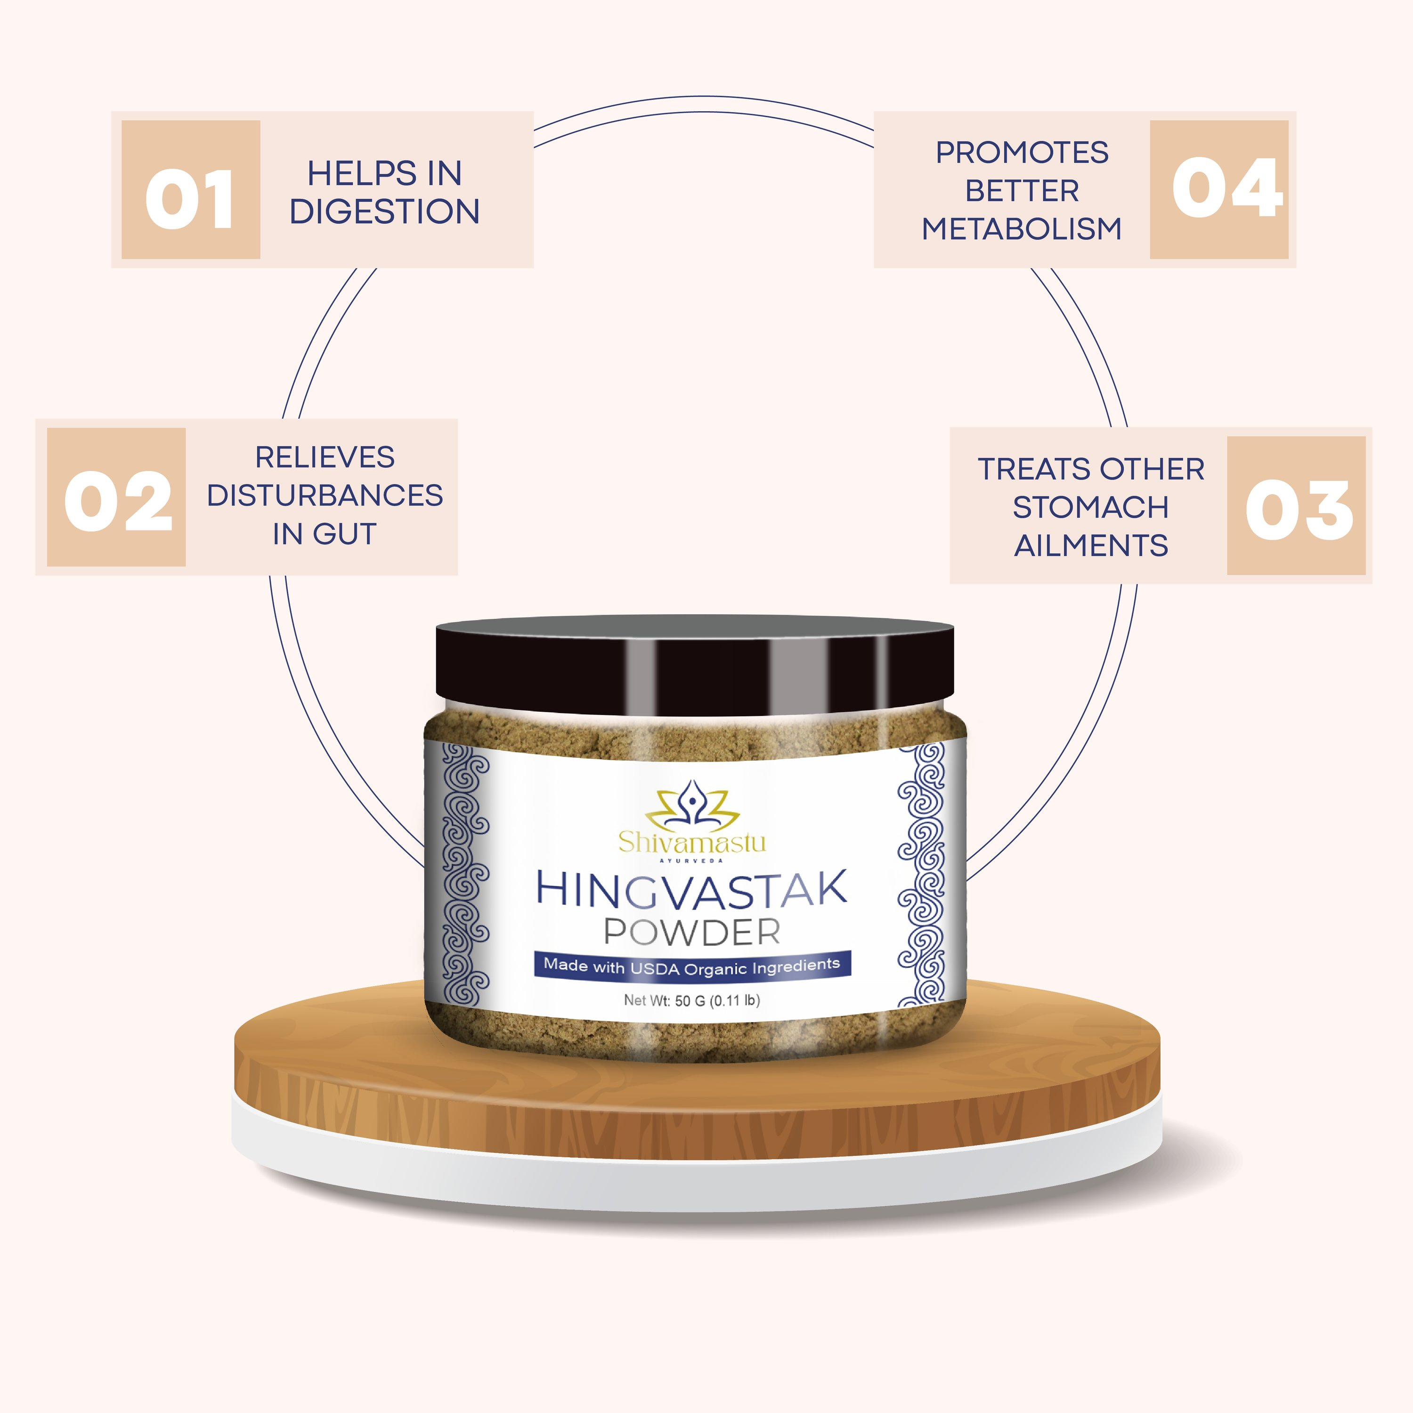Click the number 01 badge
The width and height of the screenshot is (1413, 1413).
(190, 189)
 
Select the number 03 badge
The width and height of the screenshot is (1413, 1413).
(1296, 505)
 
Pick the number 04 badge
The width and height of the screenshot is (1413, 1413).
(1219, 189)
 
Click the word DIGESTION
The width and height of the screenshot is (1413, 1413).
(385, 211)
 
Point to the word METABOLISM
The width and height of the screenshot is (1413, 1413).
(1022, 229)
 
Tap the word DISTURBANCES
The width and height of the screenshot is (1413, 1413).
(325, 495)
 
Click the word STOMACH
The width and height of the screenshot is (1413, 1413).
(1090, 507)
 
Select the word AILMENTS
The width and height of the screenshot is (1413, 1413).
(1090, 545)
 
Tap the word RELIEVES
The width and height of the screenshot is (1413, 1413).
(325, 457)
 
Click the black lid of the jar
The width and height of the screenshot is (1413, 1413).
(695, 666)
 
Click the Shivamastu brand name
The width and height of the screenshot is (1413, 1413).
(692, 842)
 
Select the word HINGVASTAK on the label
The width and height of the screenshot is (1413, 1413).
(691, 889)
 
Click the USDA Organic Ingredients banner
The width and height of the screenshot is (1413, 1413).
(692, 966)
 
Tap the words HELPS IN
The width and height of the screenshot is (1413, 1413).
(385, 173)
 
